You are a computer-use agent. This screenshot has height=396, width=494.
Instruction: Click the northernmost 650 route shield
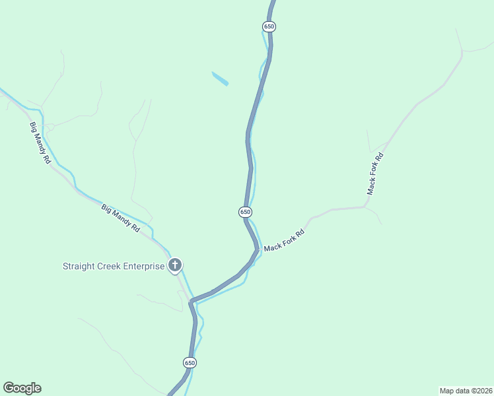pos(268,26)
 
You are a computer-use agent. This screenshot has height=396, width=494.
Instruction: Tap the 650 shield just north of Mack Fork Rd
pos(245,212)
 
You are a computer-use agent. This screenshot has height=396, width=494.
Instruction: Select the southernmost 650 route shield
pos(190,363)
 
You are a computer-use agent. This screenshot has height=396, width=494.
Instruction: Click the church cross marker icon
pos(175,266)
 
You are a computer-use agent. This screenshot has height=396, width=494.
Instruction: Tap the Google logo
pos(22,388)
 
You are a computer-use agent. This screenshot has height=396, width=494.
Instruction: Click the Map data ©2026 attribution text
pos(466,390)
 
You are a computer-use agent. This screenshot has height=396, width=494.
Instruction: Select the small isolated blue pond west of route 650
pos(220,79)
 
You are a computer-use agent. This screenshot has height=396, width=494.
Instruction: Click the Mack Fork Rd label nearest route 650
pos(284,241)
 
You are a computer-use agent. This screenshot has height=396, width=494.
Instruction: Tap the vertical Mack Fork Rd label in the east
pos(375,174)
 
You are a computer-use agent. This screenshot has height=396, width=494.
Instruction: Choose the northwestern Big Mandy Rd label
pos(40,143)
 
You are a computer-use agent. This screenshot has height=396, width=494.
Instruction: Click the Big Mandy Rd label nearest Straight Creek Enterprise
pos(121,218)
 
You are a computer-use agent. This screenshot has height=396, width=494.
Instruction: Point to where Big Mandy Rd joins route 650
pos(191,301)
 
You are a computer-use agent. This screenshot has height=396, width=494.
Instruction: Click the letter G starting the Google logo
pos(9,387)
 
